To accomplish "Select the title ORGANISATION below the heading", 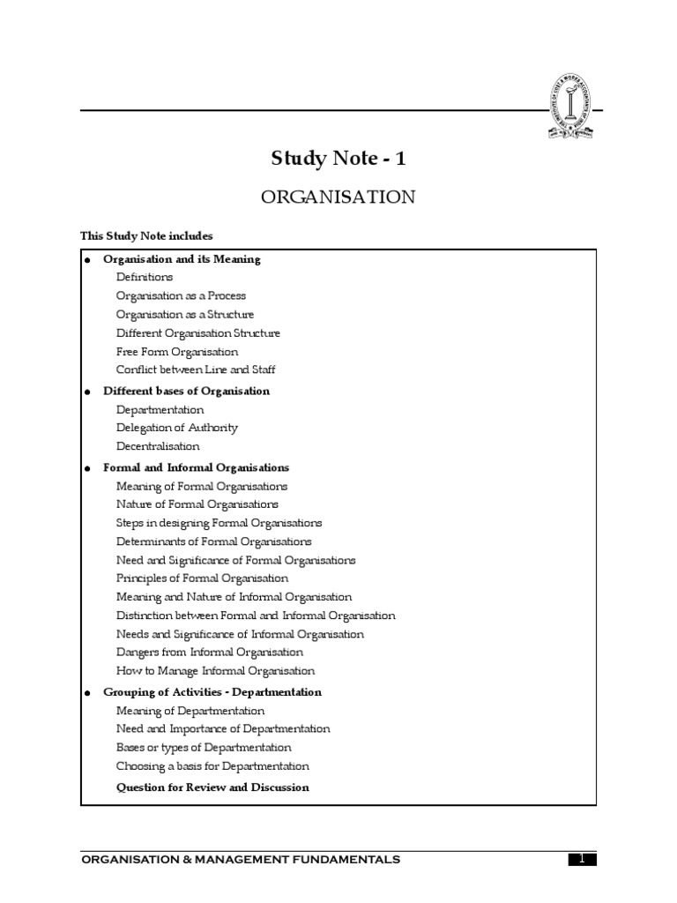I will point(338,197).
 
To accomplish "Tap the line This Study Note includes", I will point(146,235).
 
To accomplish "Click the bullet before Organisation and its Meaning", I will point(87,260).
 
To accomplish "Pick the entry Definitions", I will point(145,277).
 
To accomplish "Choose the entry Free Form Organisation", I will point(177,351).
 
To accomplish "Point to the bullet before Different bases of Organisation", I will point(87,392).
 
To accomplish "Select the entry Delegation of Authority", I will point(177,428).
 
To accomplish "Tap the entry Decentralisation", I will point(158,446).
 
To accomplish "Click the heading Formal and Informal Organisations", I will point(196,468).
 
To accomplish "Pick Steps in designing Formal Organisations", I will point(219,523).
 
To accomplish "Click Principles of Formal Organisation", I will point(202,578).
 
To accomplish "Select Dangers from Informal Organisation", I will point(210,653).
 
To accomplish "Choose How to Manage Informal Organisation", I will point(215,671).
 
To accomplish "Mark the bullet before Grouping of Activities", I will point(87,693).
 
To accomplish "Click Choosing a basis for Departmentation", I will point(212,766).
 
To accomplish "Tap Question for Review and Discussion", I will point(212,787).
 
